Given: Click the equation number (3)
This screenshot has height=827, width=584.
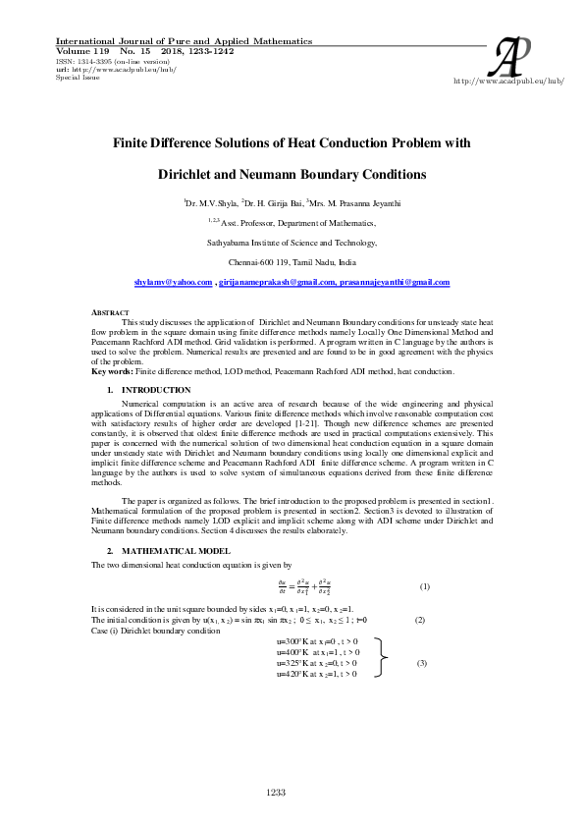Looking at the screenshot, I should (x=422, y=663).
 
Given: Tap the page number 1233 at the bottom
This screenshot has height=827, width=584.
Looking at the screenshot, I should (x=276, y=792).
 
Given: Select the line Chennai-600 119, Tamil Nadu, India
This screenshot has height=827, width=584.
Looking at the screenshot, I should (x=292, y=263).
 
